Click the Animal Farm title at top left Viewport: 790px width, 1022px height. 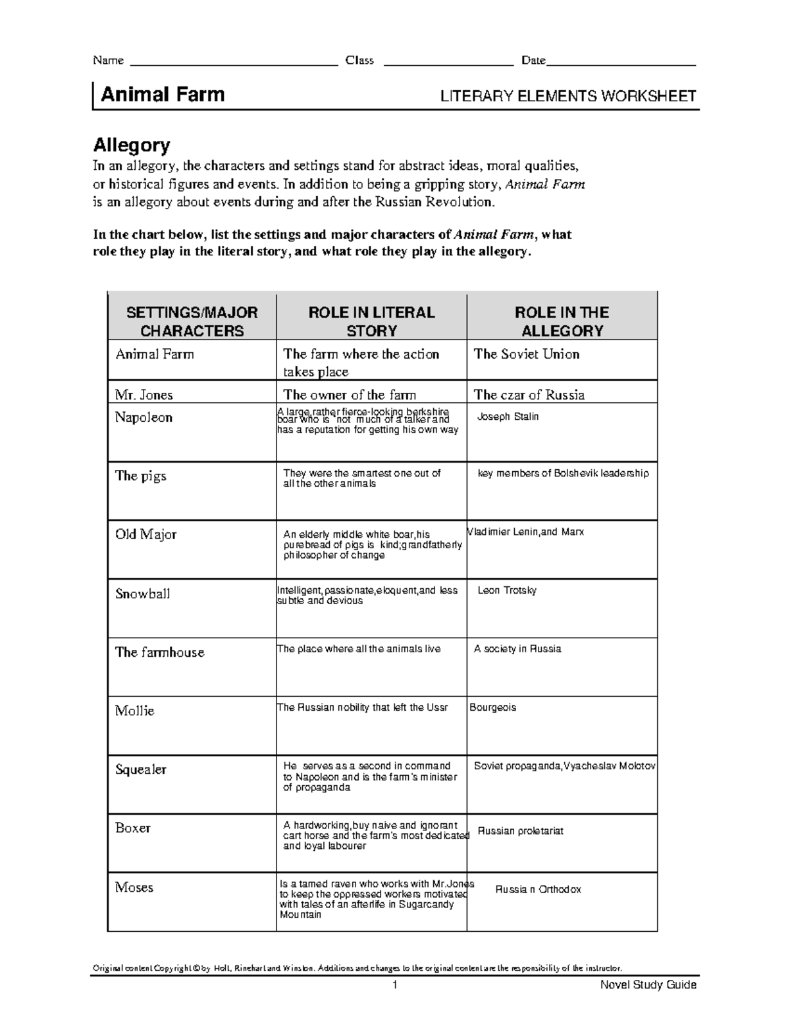point(163,95)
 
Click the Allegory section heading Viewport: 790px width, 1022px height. point(132,145)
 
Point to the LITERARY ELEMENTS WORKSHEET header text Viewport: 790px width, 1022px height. point(568,97)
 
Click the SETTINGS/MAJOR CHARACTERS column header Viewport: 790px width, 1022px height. point(192,321)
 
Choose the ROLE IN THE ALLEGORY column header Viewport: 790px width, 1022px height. point(562,321)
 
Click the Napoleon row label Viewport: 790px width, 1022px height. point(144,417)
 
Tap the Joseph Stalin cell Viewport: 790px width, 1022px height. point(508,417)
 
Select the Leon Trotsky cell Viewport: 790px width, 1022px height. point(507,590)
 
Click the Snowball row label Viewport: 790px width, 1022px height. point(143,594)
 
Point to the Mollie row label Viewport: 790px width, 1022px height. point(134,711)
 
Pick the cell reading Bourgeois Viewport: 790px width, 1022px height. point(493,707)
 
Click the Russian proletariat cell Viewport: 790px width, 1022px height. point(520,831)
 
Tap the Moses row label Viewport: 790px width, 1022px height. point(134,887)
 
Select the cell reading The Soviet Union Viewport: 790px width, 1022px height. point(527,354)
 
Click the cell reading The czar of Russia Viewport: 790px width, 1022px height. point(529,395)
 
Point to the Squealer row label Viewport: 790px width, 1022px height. point(141,769)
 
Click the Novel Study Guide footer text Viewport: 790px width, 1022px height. point(648,985)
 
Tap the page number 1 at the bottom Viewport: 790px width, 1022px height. point(395,985)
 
